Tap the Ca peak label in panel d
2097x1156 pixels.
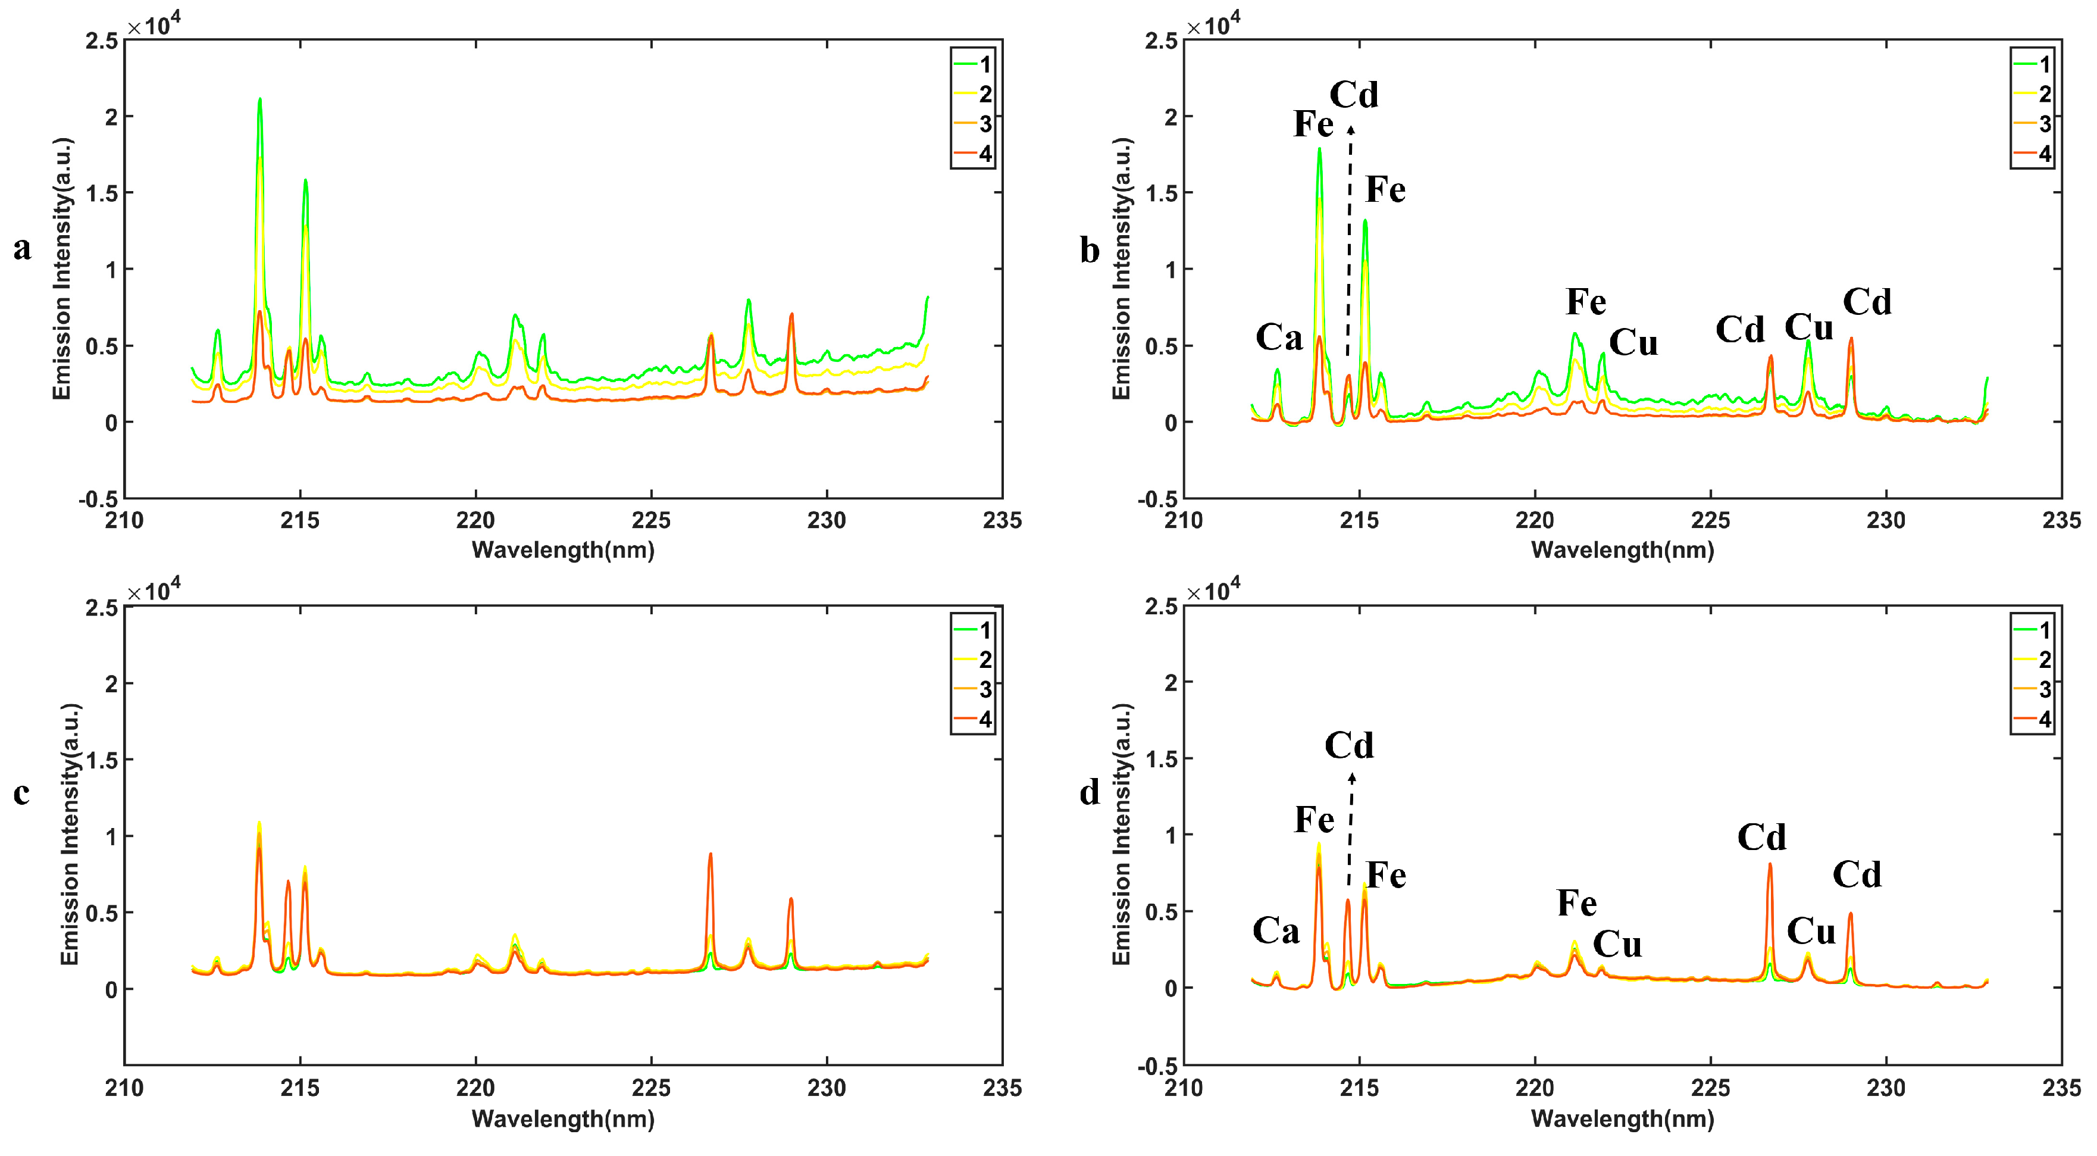point(1276,930)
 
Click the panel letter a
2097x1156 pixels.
point(22,248)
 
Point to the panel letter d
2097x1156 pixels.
point(1089,792)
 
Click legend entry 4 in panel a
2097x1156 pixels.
point(985,154)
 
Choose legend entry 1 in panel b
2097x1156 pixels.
point(2044,64)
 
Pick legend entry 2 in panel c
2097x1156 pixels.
point(985,660)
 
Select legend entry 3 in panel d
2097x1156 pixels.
point(2044,689)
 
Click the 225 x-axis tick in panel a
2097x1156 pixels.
point(651,520)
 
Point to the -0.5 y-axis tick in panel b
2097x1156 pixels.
point(1157,499)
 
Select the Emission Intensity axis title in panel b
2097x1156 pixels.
point(1122,268)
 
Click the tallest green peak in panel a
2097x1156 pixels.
point(259,100)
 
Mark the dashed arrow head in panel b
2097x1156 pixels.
point(1351,129)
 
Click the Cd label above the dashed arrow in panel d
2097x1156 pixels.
point(1349,745)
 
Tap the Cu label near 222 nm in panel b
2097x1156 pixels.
point(1633,343)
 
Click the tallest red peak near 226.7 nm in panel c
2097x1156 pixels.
point(710,855)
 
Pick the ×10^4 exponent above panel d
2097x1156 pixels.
point(1213,591)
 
